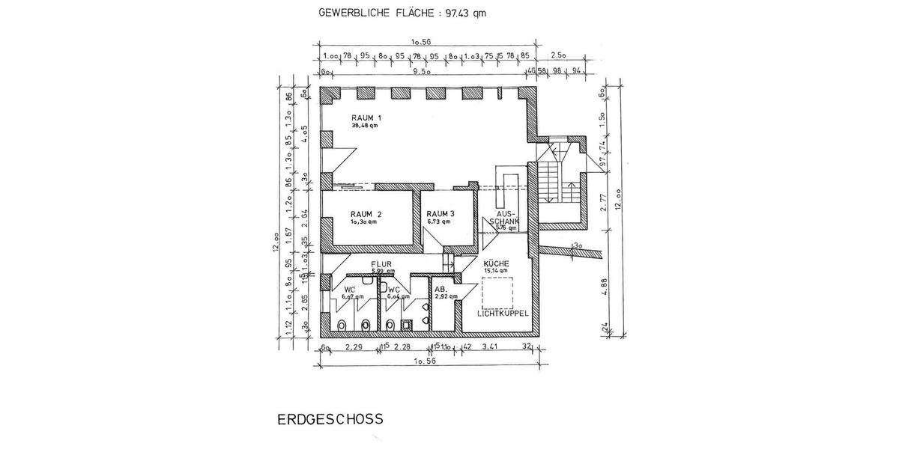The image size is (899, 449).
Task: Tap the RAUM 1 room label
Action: pyautogui.click(x=367, y=118)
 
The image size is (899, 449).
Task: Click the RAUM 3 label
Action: pyautogui.click(x=441, y=213)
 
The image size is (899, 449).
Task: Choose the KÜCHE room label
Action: pyautogui.click(x=497, y=264)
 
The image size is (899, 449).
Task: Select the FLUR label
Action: pyautogui.click(x=382, y=264)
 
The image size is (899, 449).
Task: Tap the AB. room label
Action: pyautogui.click(x=441, y=289)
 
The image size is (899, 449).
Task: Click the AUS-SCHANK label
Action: pyautogui.click(x=502, y=217)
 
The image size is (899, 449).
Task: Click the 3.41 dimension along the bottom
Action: pyautogui.click(x=491, y=347)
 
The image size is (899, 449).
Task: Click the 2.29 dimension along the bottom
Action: pyautogui.click(x=353, y=347)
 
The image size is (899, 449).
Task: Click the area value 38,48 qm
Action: pyautogui.click(x=365, y=126)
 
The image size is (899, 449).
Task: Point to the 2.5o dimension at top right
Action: pyautogui.click(x=558, y=55)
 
